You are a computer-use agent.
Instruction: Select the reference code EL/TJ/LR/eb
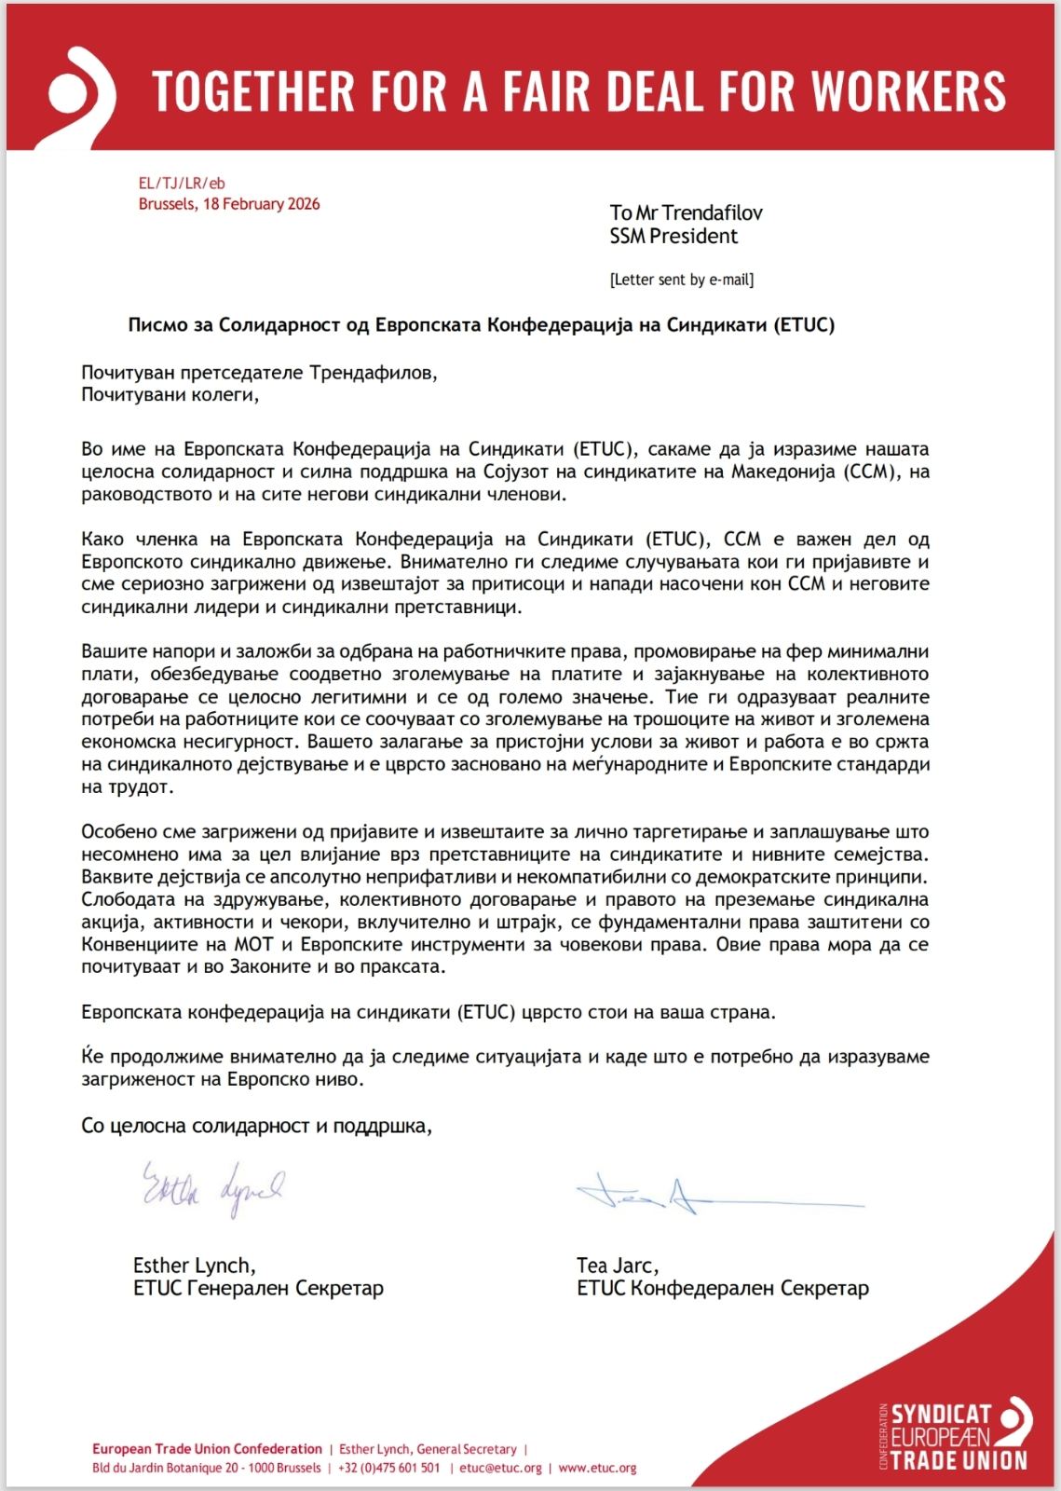(x=182, y=184)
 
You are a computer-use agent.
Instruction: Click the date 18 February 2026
(x=261, y=204)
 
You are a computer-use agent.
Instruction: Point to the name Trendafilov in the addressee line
(x=714, y=212)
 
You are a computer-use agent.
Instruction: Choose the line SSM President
(x=673, y=237)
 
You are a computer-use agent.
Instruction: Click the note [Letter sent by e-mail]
(x=681, y=280)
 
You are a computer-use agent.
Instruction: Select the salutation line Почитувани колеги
(x=170, y=395)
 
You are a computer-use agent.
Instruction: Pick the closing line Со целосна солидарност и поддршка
(x=256, y=1126)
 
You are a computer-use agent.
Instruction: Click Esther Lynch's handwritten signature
(x=212, y=1188)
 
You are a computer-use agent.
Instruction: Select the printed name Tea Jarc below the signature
(x=617, y=1265)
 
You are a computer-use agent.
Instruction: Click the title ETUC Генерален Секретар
(x=258, y=1289)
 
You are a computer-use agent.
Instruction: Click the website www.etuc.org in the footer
(x=597, y=1468)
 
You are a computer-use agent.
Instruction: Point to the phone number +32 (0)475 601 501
(x=388, y=1468)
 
